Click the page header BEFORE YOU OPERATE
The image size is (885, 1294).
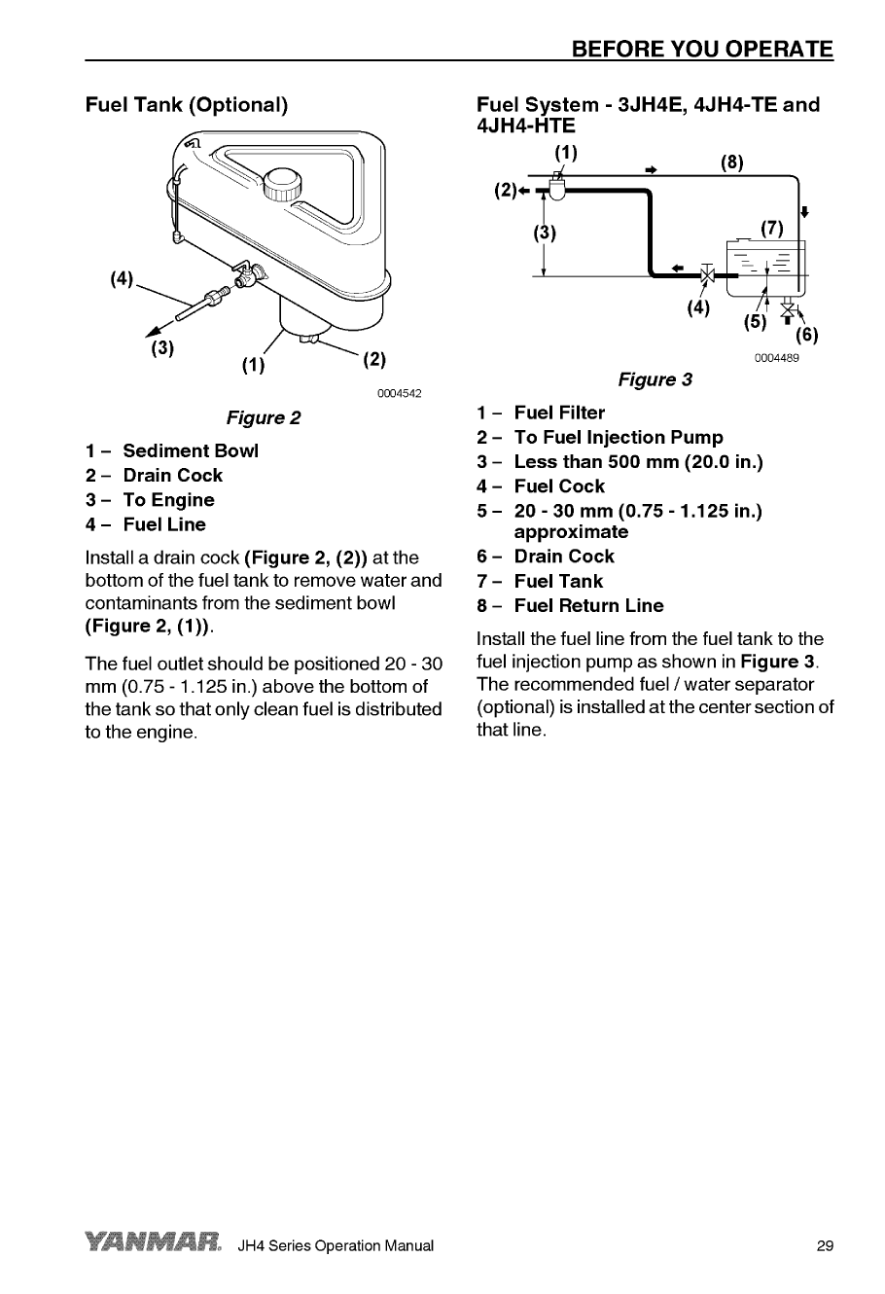(702, 49)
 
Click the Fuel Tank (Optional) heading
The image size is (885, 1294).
(187, 104)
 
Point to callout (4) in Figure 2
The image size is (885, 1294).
(122, 279)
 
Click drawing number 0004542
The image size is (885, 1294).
(399, 393)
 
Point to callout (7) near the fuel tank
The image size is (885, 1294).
(772, 230)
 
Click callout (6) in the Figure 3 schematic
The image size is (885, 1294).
(806, 337)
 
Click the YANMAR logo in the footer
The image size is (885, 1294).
(155, 1244)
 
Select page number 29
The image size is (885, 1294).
(825, 1246)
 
